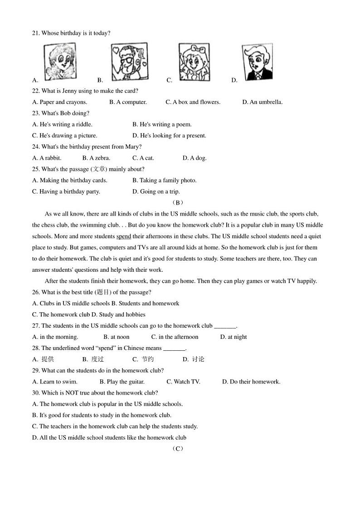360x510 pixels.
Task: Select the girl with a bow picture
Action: (194, 62)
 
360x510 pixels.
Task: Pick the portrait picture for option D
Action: (257, 62)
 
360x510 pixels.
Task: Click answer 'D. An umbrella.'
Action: (263, 102)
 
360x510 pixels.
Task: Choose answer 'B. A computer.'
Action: (128, 102)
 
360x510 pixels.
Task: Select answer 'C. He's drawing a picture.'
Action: (65, 136)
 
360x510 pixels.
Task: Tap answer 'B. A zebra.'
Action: (97, 158)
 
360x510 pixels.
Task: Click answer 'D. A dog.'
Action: (195, 158)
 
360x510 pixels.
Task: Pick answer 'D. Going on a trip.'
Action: (156, 191)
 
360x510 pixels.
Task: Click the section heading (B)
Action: (178, 203)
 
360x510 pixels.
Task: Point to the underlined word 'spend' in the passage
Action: (124, 236)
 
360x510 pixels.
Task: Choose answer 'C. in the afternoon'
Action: (175, 337)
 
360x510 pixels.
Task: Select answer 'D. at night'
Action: (234, 337)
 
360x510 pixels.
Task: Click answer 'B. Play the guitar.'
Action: (122, 382)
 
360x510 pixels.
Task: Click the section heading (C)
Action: (178, 449)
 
